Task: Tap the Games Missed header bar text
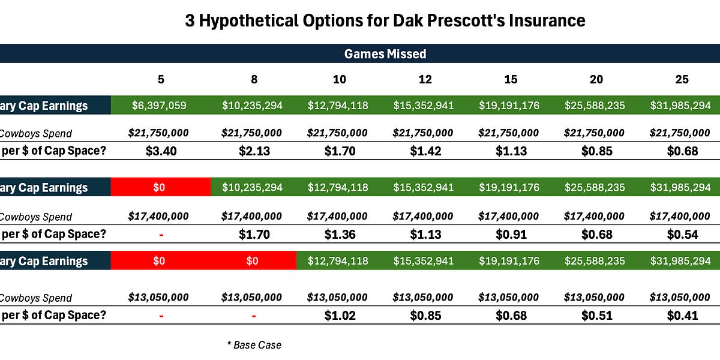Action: point(385,54)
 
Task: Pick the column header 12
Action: point(424,79)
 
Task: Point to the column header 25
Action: point(681,79)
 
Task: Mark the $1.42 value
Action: point(424,151)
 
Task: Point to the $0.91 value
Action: point(509,234)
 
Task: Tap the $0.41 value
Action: point(681,315)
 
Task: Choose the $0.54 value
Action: point(681,234)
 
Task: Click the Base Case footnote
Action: point(254,345)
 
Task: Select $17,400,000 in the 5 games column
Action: point(159,216)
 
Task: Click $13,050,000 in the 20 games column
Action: point(595,298)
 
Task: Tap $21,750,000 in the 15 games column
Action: point(509,133)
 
